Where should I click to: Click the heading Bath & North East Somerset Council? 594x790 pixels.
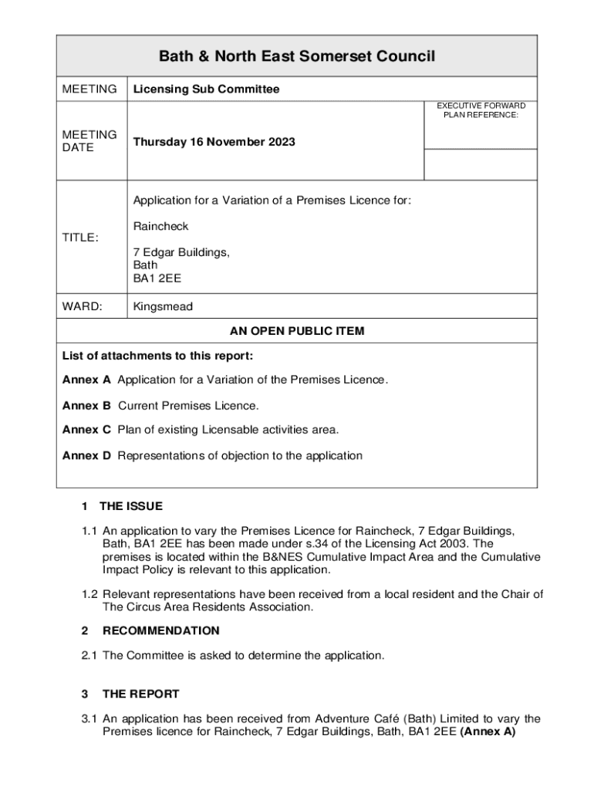click(x=297, y=56)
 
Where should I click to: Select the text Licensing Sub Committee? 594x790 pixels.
click(x=206, y=89)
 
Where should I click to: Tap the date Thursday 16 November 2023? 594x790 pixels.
click(x=214, y=142)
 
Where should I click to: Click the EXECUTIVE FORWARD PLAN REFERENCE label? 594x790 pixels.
click(x=481, y=110)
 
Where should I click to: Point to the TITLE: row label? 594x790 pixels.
click(x=80, y=238)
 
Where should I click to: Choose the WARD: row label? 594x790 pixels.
click(x=82, y=306)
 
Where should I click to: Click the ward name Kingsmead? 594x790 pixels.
click(x=163, y=306)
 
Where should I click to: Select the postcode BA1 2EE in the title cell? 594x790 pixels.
click(x=157, y=278)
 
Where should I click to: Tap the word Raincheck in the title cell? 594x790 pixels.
click(x=160, y=226)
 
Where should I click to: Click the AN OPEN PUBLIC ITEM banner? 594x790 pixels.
click(x=297, y=331)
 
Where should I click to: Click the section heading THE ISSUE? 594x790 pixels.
click(x=131, y=506)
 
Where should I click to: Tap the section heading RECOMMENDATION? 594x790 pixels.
click(x=160, y=630)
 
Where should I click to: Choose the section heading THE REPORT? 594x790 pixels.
click(x=140, y=694)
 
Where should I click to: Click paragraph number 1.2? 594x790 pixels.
click(x=90, y=594)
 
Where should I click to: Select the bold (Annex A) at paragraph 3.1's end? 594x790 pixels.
click(x=487, y=732)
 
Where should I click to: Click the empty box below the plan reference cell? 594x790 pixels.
click(x=481, y=164)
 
